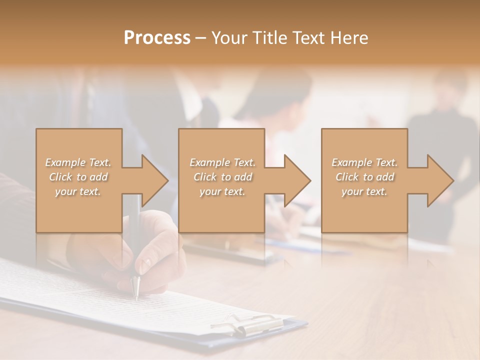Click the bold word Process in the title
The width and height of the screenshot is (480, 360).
pyautogui.click(x=157, y=37)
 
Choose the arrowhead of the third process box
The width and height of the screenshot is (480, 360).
pyautogui.click(x=439, y=180)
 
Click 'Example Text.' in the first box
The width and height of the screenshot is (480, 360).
pyautogui.click(x=78, y=162)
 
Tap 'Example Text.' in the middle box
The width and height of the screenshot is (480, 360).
pyautogui.click(x=222, y=162)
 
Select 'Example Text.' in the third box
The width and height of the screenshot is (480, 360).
pyautogui.click(x=364, y=162)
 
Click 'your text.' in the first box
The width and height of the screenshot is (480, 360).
pyautogui.click(x=78, y=191)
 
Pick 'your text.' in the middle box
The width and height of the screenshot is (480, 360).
pyautogui.click(x=222, y=191)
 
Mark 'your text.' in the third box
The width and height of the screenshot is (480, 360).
pyautogui.click(x=364, y=191)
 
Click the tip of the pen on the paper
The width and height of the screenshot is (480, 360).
pyautogui.click(x=136, y=298)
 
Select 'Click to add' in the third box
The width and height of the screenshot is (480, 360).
pyautogui.click(x=364, y=177)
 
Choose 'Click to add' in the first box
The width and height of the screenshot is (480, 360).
pyautogui.click(x=78, y=177)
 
